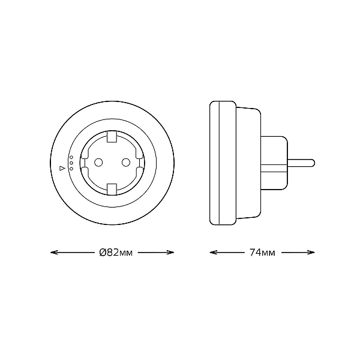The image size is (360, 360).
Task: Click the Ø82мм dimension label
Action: (x=116, y=253)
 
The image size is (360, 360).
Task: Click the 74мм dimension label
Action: (x=262, y=253)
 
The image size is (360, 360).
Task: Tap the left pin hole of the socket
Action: (x=98, y=163)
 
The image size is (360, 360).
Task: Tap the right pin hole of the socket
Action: (x=126, y=163)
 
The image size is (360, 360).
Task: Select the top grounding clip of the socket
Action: (x=112, y=136)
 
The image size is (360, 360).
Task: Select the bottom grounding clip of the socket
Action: (x=112, y=189)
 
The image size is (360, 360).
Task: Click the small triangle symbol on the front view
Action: (x=62, y=168)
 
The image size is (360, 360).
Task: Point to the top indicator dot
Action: (x=71, y=157)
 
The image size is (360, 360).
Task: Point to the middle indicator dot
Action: (x=71, y=163)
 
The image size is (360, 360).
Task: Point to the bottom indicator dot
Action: (x=71, y=169)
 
